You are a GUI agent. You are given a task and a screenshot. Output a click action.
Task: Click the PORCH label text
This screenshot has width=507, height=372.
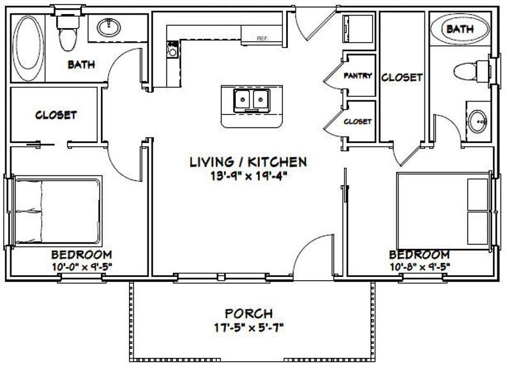click(248, 314)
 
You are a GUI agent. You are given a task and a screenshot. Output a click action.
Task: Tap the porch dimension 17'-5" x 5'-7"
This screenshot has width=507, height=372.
click(248, 329)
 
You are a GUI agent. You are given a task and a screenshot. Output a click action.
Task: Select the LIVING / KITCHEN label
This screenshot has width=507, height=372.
click(239, 162)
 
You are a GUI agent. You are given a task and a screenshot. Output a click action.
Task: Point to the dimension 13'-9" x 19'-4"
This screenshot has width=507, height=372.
click(239, 176)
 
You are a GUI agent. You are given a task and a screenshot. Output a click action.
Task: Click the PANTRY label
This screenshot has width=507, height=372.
click(358, 75)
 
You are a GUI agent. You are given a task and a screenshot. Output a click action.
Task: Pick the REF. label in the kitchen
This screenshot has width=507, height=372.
click(261, 38)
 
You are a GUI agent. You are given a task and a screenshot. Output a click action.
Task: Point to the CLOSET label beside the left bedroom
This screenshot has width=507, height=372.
click(56, 115)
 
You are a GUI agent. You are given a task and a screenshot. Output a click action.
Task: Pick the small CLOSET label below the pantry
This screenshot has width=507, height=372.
click(358, 121)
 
